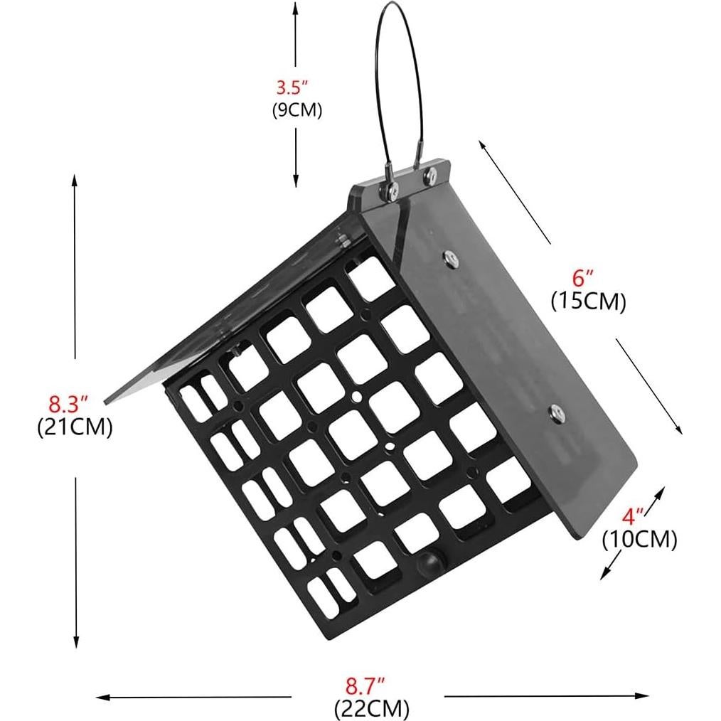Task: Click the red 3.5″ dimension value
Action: [292, 89]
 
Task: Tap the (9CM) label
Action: [297, 110]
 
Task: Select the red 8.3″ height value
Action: [68, 406]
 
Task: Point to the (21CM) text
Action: [74, 429]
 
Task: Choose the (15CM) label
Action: [588, 302]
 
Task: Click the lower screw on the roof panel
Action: [556, 410]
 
